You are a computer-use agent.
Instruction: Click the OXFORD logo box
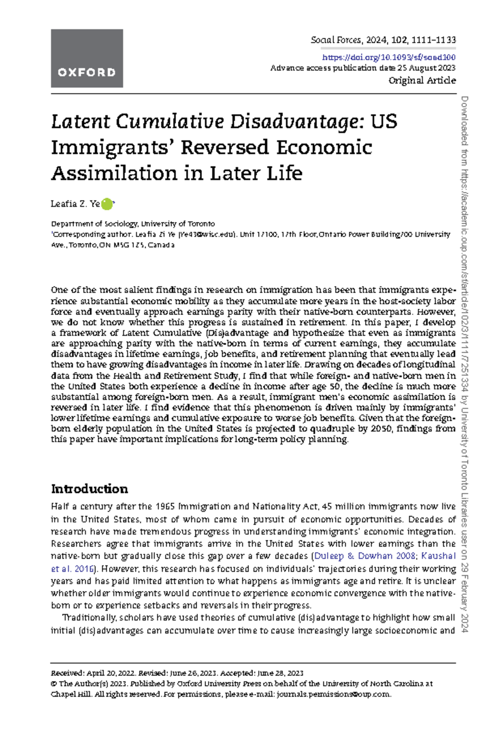87,58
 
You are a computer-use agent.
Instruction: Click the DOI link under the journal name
389,58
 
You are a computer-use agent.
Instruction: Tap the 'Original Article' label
422,80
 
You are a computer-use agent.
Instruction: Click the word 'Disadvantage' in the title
294,122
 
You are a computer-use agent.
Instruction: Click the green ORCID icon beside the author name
107,204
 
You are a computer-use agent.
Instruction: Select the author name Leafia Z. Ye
75,204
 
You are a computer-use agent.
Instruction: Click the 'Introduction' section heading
90,489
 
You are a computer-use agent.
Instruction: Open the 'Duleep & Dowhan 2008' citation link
365,556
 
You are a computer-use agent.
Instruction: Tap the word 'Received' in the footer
67,673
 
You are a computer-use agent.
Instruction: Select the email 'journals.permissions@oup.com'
333,694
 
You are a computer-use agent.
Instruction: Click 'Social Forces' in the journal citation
336,40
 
